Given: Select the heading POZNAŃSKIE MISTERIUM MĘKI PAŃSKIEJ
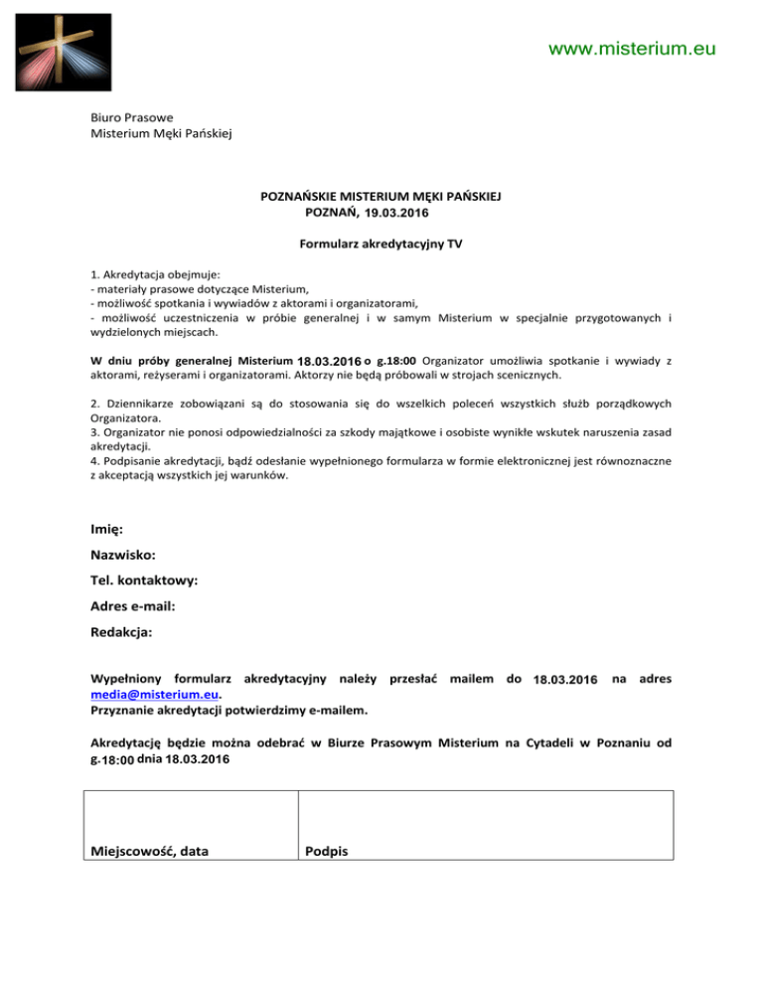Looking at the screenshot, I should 381,197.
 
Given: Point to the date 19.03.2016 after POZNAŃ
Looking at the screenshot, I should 399,213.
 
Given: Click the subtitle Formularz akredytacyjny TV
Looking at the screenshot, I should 381,244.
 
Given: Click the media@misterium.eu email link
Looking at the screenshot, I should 153,695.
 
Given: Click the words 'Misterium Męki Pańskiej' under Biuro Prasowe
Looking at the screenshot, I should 160,133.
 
